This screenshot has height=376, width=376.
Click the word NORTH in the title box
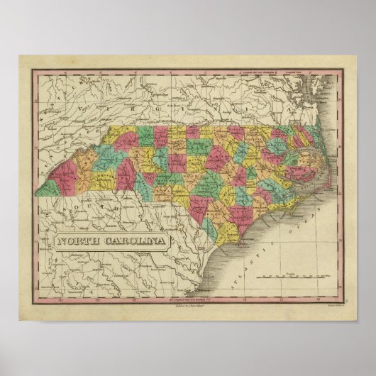[x=79, y=240]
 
